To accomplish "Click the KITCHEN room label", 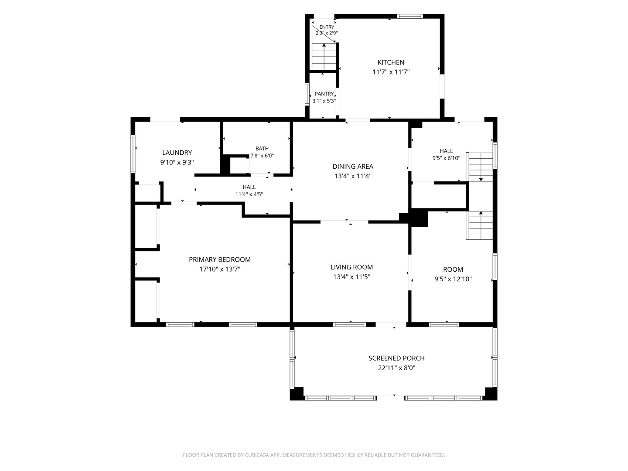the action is click(391, 62).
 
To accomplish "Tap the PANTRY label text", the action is click(324, 94).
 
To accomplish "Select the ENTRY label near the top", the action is click(327, 27).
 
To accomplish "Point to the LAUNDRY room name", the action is click(177, 153).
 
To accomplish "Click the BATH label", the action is click(262, 148).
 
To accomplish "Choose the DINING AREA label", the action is click(353, 167).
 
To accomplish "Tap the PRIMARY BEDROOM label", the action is click(220, 259).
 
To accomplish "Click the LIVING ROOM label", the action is click(352, 267).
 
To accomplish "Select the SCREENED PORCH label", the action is click(396, 358).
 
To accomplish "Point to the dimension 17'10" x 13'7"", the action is click(220, 269).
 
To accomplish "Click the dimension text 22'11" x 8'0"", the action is click(396, 368).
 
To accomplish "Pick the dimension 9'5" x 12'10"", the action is click(453, 279).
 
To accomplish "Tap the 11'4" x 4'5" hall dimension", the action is click(249, 195).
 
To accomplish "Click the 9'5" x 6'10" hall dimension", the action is click(446, 158).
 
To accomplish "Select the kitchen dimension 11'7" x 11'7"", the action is click(391, 72).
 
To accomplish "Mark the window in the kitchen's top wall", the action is click(410, 16).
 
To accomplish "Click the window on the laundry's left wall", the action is click(133, 154).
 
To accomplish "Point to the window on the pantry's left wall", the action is click(307, 94).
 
